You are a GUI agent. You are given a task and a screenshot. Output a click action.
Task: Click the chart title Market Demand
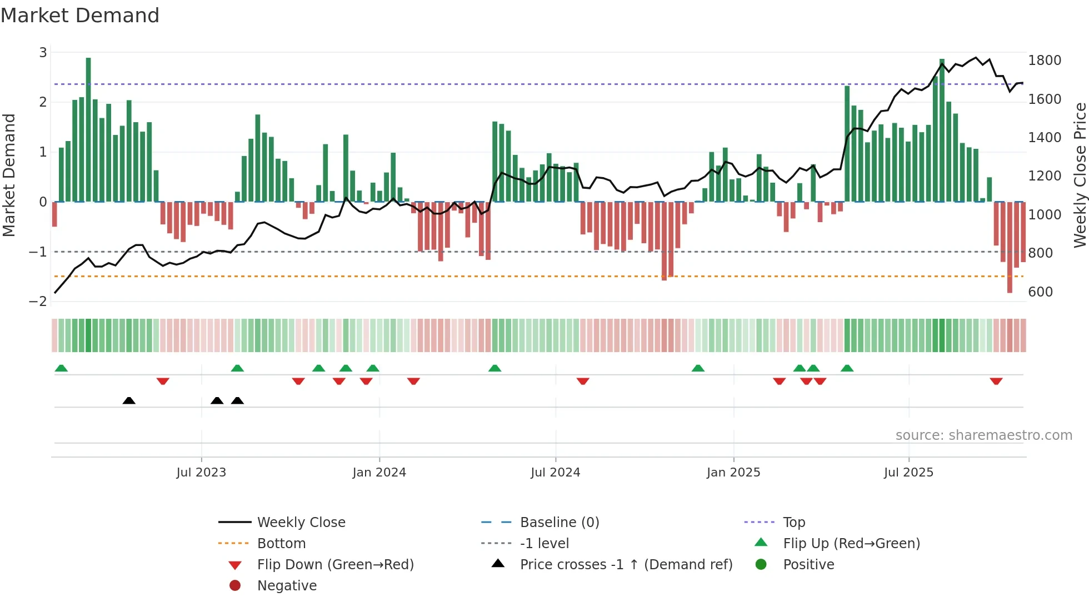pyautogui.click(x=80, y=16)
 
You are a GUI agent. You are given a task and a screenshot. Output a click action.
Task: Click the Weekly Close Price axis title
pyautogui.click(x=1080, y=175)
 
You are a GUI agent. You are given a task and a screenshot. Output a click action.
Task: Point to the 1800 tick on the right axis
pyautogui.click(x=1045, y=61)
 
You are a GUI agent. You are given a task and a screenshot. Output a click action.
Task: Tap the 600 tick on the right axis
pyautogui.click(x=1040, y=292)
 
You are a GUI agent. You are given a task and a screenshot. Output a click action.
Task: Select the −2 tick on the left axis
pyautogui.click(x=38, y=302)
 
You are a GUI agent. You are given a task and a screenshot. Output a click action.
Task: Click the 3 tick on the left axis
pyautogui.click(x=43, y=53)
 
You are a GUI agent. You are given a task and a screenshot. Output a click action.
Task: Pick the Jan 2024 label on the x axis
pyautogui.click(x=379, y=473)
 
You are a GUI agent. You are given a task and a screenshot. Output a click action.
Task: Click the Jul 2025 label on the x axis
pyautogui.click(x=908, y=473)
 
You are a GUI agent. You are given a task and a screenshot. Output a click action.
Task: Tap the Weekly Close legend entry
pyautogui.click(x=301, y=523)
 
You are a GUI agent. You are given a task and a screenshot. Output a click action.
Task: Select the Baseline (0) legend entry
pyautogui.click(x=559, y=523)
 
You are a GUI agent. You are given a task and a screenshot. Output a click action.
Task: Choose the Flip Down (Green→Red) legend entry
pyautogui.click(x=335, y=565)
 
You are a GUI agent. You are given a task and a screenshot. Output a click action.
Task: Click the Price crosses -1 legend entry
pyautogui.click(x=626, y=565)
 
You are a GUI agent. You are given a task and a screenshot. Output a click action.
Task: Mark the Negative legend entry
pyautogui.click(x=287, y=586)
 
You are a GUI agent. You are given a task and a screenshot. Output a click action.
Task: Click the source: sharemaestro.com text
pyautogui.click(x=983, y=435)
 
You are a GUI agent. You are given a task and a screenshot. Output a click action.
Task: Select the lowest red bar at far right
pyautogui.click(x=1010, y=247)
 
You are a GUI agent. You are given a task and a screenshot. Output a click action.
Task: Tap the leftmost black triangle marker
pyautogui.click(x=129, y=400)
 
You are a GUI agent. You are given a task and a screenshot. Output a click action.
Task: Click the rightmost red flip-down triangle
pyautogui.click(x=996, y=381)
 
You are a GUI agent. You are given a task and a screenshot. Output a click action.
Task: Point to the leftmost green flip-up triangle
pyautogui.click(x=61, y=368)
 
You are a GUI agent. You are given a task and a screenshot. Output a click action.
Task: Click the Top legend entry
pyautogui.click(x=793, y=523)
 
